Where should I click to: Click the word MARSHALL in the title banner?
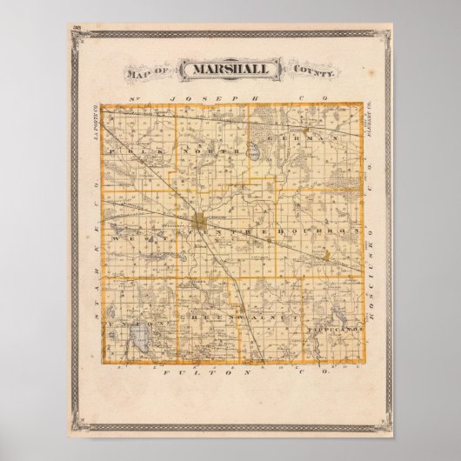click(230, 69)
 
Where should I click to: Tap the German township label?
click(301, 138)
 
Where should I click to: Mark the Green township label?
click(201, 320)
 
